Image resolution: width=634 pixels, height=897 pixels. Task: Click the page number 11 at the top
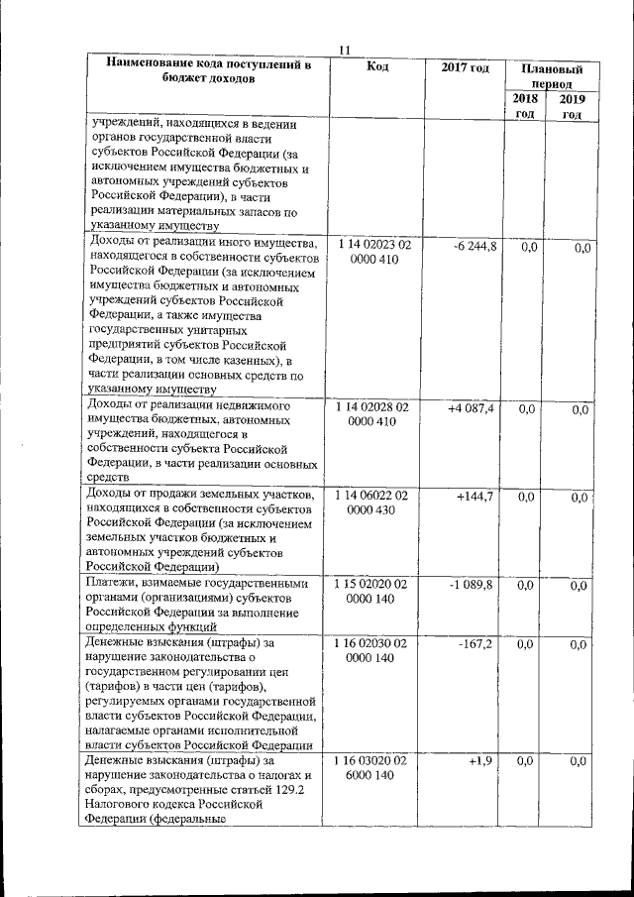click(344, 52)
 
